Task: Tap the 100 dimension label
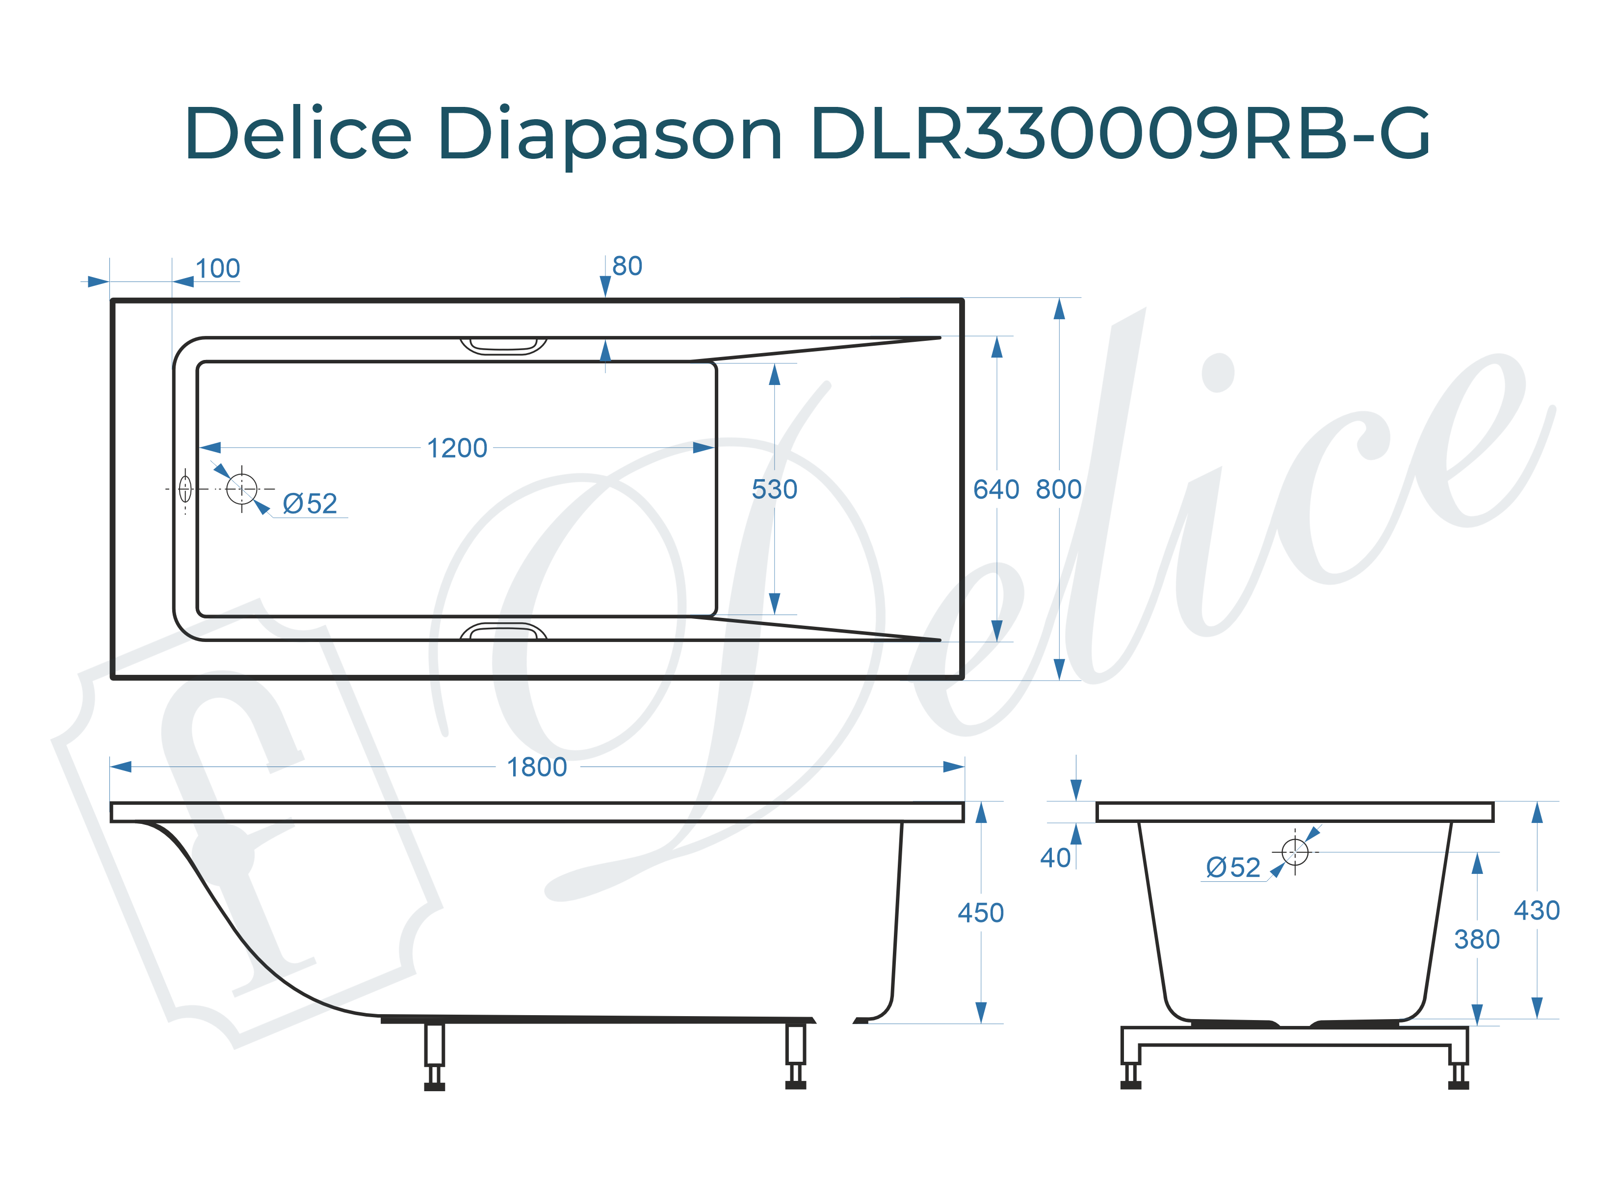click(x=218, y=269)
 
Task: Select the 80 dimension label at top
click(x=627, y=266)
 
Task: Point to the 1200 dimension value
click(x=457, y=448)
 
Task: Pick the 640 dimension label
click(x=996, y=489)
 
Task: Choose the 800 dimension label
click(x=1059, y=489)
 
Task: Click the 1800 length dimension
click(x=537, y=768)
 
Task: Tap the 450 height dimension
click(x=980, y=913)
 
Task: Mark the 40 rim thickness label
click(x=1055, y=857)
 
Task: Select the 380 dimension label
click(x=1476, y=939)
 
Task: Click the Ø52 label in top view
click(x=309, y=504)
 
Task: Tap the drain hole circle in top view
click(x=241, y=489)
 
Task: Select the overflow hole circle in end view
click(x=1294, y=851)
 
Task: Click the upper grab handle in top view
click(x=503, y=347)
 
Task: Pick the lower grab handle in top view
click(x=503, y=631)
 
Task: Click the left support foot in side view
click(x=434, y=1056)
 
